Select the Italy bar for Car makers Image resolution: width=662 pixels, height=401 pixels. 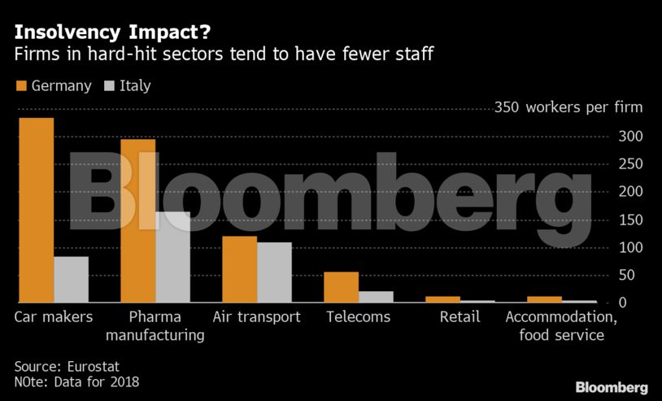pos(71,280)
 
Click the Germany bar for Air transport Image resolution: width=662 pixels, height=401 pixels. pos(239,269)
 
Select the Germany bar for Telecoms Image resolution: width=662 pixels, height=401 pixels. pos(341,287)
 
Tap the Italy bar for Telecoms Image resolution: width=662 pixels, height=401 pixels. pos(376,297)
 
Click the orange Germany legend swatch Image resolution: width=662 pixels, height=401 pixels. pos(21,85)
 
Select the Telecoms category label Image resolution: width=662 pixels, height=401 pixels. pos(358,317)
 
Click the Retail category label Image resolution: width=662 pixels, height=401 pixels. pos(459,317)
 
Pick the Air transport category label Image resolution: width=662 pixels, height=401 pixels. pos(256,317)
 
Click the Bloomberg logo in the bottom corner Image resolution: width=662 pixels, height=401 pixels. pos(611,387)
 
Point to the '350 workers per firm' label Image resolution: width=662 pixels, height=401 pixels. pos(568,107)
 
